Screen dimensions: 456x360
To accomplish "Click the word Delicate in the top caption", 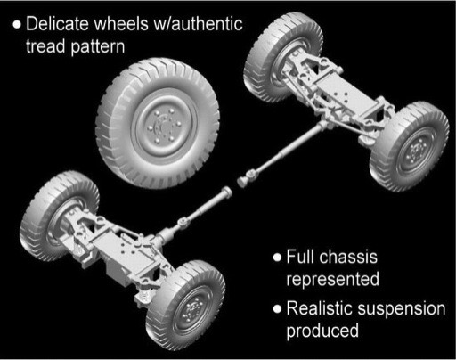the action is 57,23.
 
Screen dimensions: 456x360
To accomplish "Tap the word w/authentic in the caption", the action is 198,23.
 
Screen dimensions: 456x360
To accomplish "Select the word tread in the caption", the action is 45,46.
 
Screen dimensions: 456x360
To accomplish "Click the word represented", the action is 333,280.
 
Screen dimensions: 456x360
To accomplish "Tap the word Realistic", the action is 320,308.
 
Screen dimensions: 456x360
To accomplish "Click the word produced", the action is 322,331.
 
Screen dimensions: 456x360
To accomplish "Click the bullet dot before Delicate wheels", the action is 17,24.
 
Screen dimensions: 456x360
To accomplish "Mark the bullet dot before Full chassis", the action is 277,258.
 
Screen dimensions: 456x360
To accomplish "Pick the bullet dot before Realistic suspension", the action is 277,309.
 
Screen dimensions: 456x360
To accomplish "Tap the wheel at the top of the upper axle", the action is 282,56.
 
